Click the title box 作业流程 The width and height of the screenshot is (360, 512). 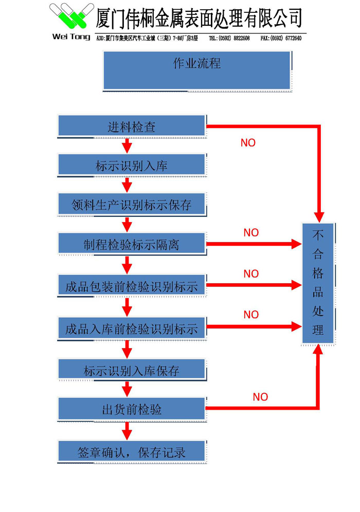tap(197, 70)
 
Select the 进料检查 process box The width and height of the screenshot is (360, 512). tap(132, 126)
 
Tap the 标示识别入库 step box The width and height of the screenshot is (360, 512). tap(132, 166)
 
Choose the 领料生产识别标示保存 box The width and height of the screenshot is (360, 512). tap(132, 205)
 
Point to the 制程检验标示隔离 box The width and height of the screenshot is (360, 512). tap(132, 244)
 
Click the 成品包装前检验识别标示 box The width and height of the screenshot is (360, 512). tap(132, 285)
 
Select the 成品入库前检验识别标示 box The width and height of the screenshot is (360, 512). tap(132, 327)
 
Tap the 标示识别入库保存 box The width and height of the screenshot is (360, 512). tap(132, 370)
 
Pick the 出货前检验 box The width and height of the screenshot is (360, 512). tap(132, 409)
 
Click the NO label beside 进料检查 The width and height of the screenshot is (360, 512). tap(248, 143)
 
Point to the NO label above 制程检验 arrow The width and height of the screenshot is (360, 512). tap(251, 233)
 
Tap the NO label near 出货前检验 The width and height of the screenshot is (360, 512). tap(260, 397)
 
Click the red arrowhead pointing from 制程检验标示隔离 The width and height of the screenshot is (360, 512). tap(296, 244)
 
